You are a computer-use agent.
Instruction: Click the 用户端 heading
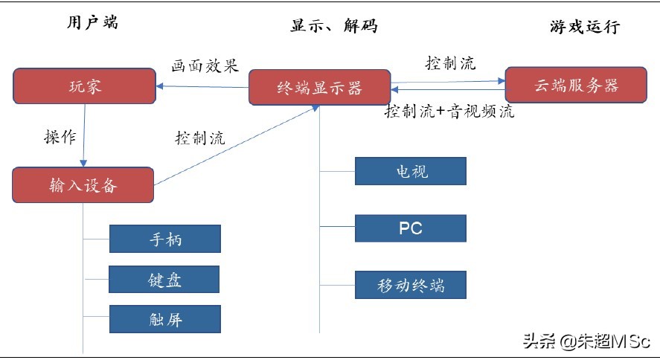(92, 22)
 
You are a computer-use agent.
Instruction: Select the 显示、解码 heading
(333, 26)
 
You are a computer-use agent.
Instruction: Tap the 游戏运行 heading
(584, 28)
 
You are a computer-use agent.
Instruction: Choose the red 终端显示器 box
(319, 88)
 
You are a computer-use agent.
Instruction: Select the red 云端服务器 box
(576, 85)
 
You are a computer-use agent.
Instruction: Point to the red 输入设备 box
(83, 185)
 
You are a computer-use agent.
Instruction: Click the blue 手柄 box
(164, 240)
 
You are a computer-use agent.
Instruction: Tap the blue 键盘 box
(164, 280)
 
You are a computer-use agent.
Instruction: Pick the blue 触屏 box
(164, 319)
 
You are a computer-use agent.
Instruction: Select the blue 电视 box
(411, 171)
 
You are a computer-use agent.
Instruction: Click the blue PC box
(411, 228)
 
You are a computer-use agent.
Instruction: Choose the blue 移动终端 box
(411, 285)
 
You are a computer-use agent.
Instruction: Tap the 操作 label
(60, 137)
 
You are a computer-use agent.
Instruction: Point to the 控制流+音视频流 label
(449, 112)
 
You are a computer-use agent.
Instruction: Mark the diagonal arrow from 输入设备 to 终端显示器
(238, 146)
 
